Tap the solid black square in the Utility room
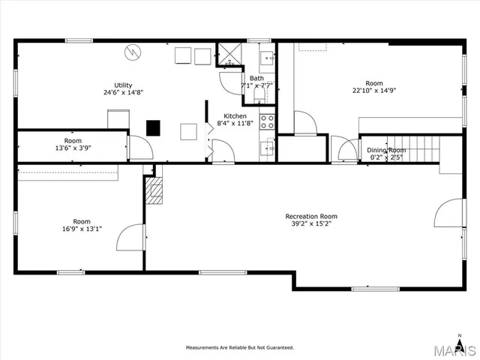coord(154,127)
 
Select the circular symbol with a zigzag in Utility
coord(132,52)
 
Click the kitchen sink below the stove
coord(268,146)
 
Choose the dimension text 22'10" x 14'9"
coord(373,91)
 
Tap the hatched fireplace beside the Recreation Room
coord(154,190)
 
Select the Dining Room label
coord(385,151)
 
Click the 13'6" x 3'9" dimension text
coord(73,148)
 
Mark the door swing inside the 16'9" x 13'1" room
coord(129,238)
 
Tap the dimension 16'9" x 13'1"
coord(82,229)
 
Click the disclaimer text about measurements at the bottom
coord(240,347)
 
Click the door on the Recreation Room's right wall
coord(448,213)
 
